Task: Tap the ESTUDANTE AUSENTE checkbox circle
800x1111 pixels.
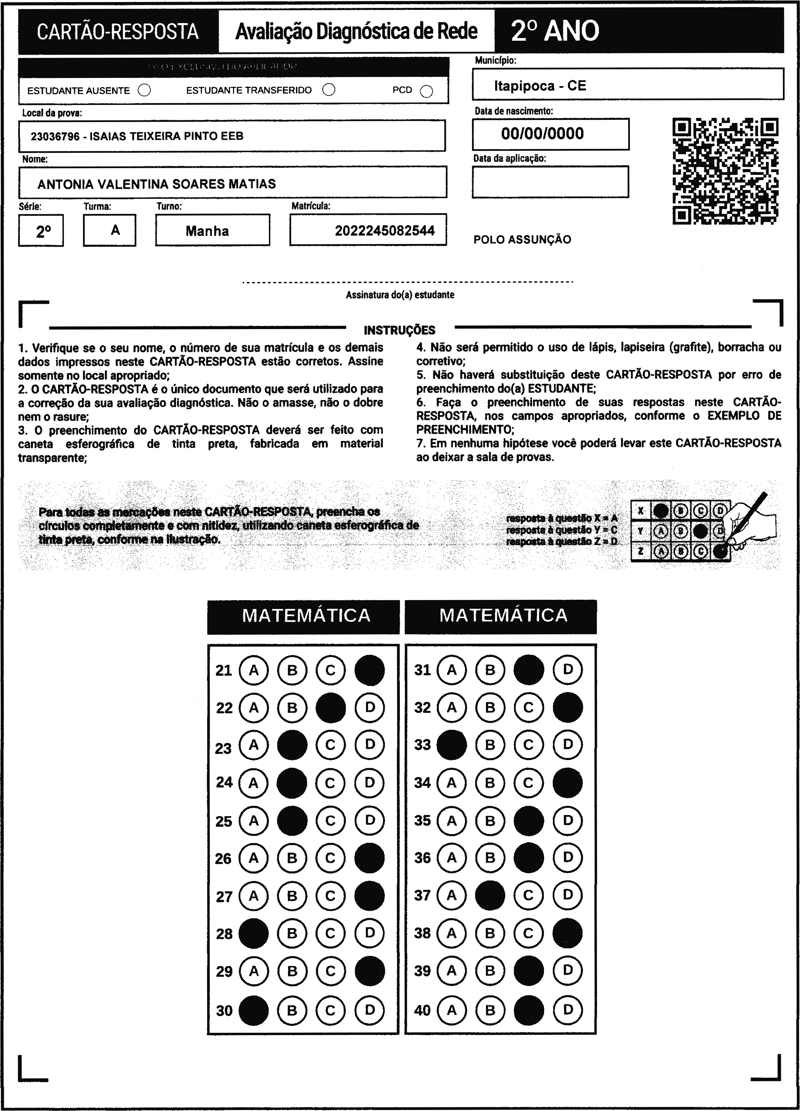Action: click(x=145, y=91)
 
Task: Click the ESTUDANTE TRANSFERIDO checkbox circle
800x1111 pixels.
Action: click(x=329, y=90)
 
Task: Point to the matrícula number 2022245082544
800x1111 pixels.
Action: click(x=384, y=231)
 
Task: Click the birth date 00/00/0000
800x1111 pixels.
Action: click(x=542, y=134)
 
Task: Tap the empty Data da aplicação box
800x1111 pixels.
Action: click(x=550, y=182)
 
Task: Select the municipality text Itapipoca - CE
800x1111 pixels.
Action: click(x=540, y=86)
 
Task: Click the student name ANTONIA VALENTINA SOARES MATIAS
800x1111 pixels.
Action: click(x=157, y=184)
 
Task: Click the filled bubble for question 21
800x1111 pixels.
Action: click(x=369, y=670)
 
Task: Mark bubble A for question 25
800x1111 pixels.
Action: click(x=253, y=821)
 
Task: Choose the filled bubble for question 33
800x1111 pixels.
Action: click(x=451, y=745)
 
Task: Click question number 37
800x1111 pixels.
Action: click(x=422, y=895)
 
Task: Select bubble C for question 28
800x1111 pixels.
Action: click(x=330, y=934)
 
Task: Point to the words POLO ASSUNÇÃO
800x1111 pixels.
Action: click(x=522, y=240)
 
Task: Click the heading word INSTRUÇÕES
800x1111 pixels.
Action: click(x=400, y=330)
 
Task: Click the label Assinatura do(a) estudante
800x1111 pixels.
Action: click(x=400, y=295)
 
